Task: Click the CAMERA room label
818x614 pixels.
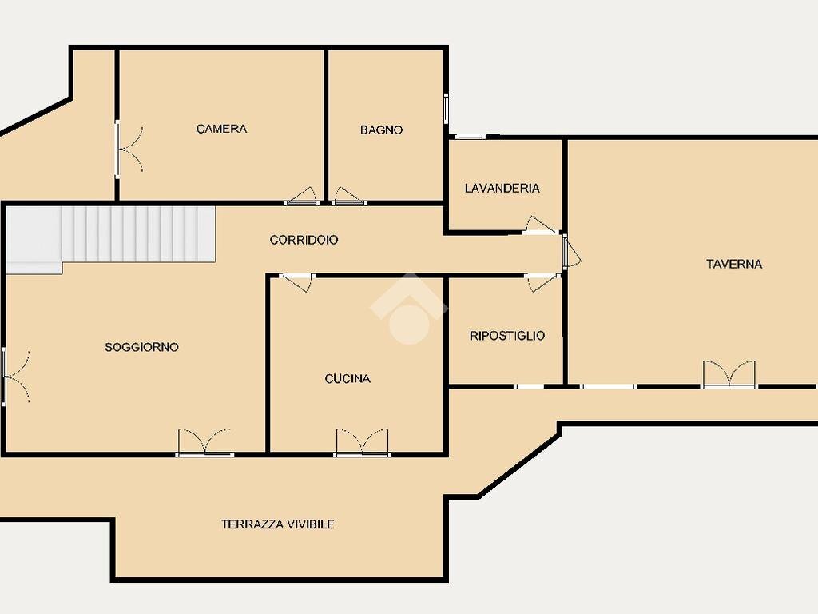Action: (x=221, y=129)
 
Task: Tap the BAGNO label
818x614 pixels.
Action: (x=381, y=130)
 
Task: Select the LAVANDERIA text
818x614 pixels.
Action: (x=502, y=188)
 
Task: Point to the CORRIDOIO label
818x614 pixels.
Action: (x=304, y=240)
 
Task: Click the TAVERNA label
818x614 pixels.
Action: (x=734, y=264)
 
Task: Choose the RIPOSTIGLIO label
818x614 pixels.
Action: (x=507, y=336)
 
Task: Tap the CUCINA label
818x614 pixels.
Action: (x=347, y=378)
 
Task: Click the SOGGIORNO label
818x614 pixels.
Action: (x=141, y=347)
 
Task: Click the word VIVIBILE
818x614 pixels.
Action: (x=309, y=524)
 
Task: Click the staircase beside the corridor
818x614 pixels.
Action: (x=110, y=237)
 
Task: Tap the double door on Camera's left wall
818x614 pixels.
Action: (x=129, y=150)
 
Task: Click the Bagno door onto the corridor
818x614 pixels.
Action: (x=349, y=196)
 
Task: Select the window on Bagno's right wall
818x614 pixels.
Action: (x=446, y=108)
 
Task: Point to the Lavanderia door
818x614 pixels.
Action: (x=541, y=225)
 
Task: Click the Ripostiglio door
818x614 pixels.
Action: (x=542, y=282)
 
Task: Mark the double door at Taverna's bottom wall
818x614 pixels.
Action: (x=729, y=374)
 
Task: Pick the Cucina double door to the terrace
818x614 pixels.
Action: (x=362, y=442)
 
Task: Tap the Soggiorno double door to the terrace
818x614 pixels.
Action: (x=204, y=442)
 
